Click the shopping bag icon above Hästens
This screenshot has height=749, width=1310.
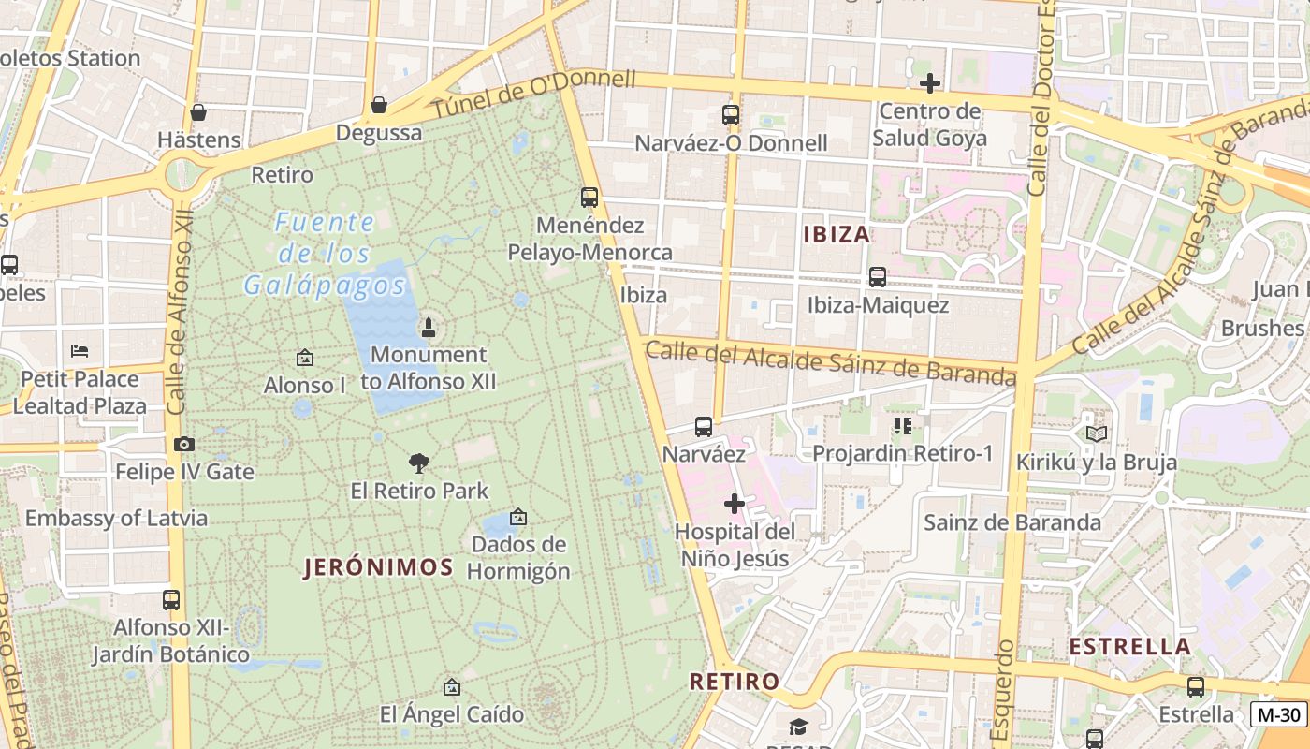198,113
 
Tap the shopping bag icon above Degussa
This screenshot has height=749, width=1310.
379,105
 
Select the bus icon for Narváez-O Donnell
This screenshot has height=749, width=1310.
731,115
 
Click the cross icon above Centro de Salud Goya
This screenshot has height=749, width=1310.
929,83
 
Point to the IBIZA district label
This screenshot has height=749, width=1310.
837,234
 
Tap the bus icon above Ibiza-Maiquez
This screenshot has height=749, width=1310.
877,277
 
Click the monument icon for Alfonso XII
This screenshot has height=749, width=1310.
429,328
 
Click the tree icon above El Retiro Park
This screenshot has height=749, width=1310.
419,463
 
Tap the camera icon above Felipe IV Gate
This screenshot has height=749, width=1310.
183,444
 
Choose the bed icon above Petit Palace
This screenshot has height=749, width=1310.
80,351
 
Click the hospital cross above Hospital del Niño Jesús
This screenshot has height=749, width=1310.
735,504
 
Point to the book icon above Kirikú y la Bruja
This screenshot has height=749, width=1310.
1096,433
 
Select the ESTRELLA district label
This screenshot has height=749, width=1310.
1129,646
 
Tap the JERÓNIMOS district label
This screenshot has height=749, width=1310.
378,566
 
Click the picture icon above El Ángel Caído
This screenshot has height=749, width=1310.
451,687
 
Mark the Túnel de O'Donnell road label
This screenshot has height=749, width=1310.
532,94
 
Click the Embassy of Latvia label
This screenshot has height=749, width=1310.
116,518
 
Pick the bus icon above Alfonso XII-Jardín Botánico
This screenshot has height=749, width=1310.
170,599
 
